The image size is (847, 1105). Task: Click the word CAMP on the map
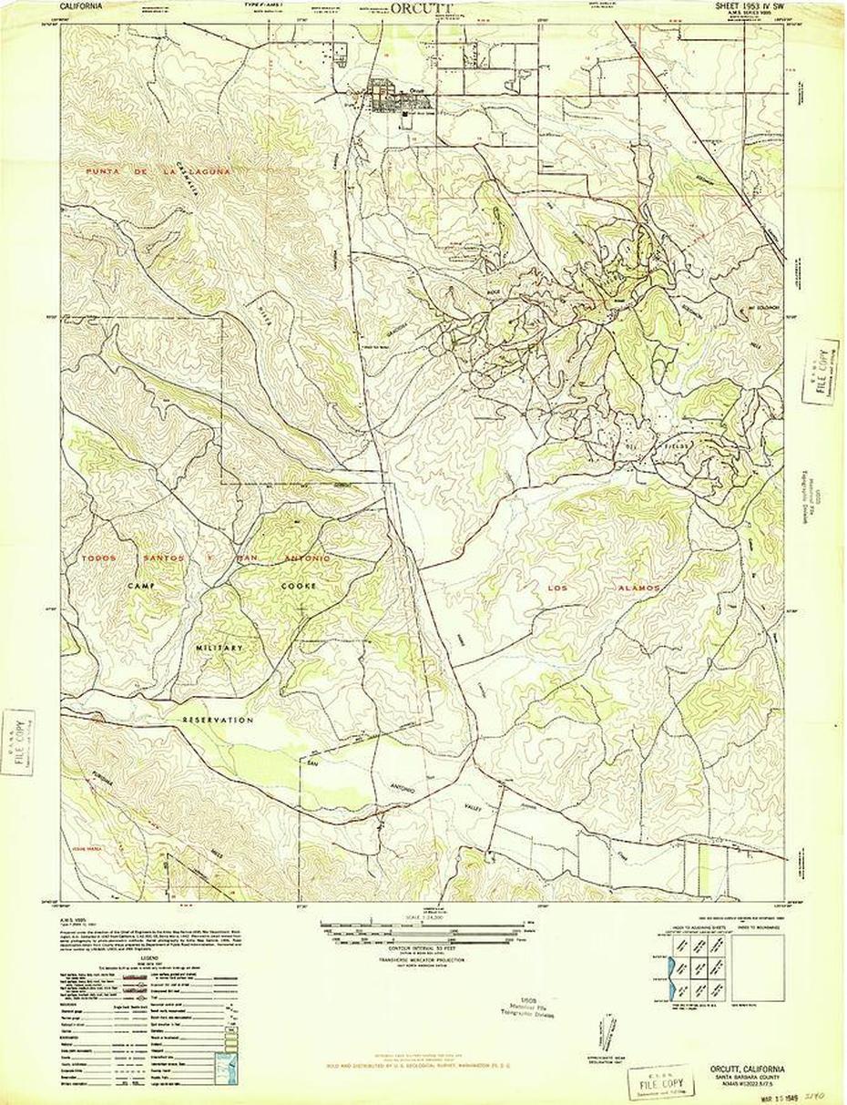144,585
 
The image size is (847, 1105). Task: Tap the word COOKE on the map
300,586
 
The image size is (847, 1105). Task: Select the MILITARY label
220,647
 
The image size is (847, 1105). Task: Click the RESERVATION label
219,720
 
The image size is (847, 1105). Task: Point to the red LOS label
558,588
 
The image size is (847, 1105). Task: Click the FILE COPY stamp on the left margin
18,742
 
